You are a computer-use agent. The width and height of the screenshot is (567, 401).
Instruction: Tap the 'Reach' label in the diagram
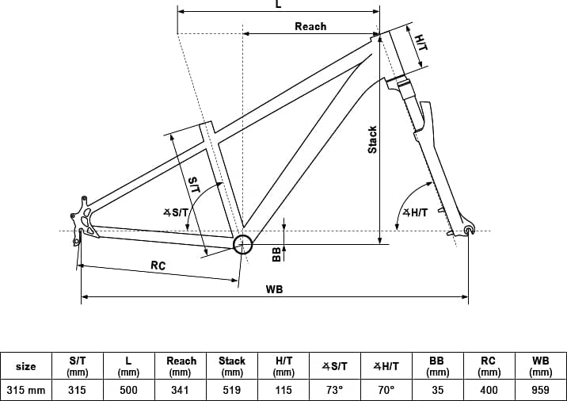pyautogui.click(x=310, y=26)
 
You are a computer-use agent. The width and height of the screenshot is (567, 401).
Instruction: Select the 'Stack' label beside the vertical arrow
pyautogui.click(x=372, y=139)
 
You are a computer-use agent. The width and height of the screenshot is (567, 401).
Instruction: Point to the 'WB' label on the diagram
pyautogui.click(x=275, y=289)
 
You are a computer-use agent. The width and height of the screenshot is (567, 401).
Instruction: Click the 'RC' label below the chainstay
pyautogui.click(x=158, y=265)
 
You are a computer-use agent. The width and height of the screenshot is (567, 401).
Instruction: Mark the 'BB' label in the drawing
pyautogui.click(x=276, y=254)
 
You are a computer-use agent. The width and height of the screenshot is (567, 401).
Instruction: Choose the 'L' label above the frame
pyautogui.click(x=278, y=4)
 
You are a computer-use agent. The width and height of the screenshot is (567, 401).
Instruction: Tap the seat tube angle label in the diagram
pyautogui.click(x=176, y=212)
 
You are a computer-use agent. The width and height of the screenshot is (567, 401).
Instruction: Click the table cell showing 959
pyautogui.click(x=541, y=390)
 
